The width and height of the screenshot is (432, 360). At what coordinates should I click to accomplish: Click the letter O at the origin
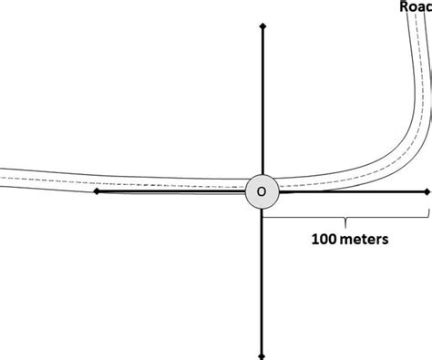262,192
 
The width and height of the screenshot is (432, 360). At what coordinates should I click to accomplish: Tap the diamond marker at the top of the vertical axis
262,28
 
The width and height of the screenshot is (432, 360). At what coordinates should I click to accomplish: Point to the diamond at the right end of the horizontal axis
427,191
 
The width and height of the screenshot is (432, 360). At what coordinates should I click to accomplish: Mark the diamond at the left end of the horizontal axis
96,191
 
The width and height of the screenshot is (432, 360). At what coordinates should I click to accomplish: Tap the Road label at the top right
416,7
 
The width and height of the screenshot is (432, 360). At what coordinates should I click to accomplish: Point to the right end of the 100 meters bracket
428,215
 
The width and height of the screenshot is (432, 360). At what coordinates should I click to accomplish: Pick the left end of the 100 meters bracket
263,215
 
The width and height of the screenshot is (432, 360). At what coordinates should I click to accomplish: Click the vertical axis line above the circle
262,100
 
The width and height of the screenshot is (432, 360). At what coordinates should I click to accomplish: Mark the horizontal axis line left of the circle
173,191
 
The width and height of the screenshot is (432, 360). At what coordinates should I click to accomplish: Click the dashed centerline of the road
137,180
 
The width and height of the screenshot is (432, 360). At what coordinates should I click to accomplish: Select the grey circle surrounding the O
252,185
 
